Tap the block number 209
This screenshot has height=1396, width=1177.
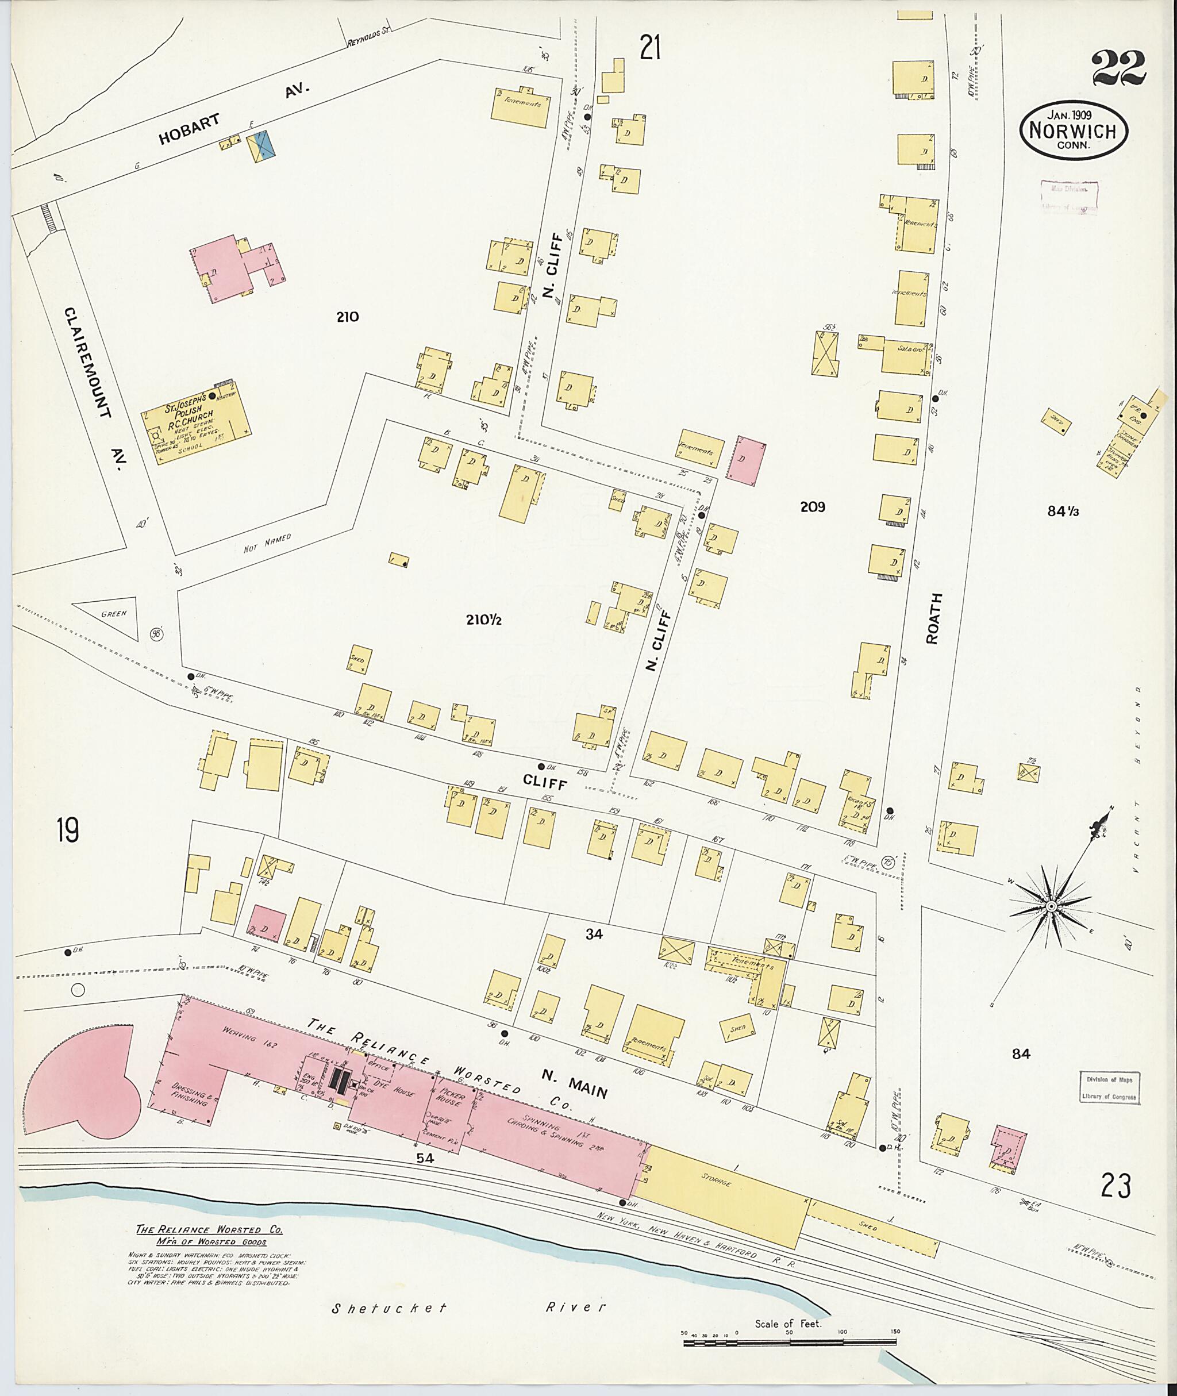click(x=812, y=507)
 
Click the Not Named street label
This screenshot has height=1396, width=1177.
click(x=268, y=544)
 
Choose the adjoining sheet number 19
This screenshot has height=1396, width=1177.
click(x=67, y=832)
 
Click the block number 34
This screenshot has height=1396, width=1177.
click(x=594, y=935)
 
